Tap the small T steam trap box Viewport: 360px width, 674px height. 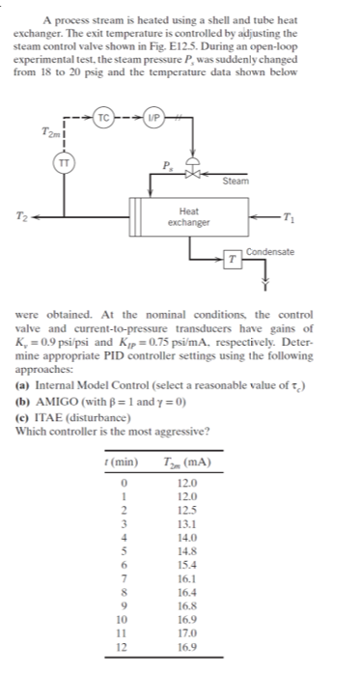(234, 260)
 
